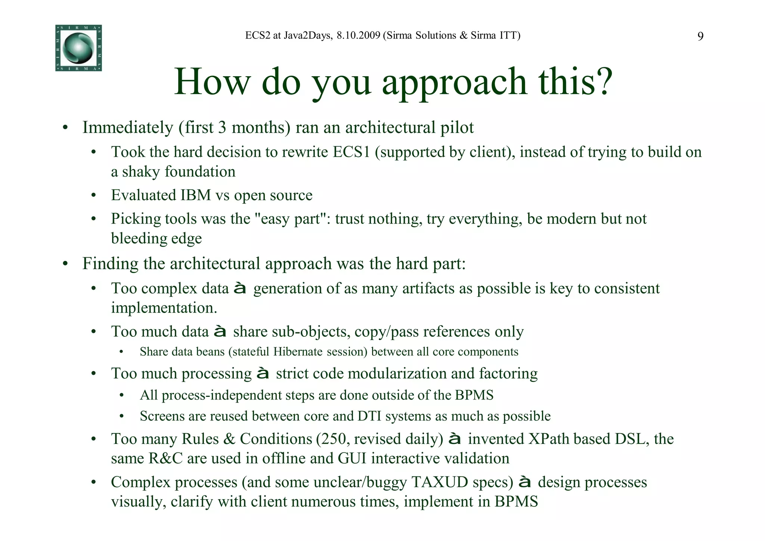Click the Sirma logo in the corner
[78, 48]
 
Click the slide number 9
[700, 36]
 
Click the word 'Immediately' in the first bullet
[128, 128]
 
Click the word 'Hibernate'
[298, 352]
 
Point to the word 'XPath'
[551, 439]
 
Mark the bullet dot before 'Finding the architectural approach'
[65, 264]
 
